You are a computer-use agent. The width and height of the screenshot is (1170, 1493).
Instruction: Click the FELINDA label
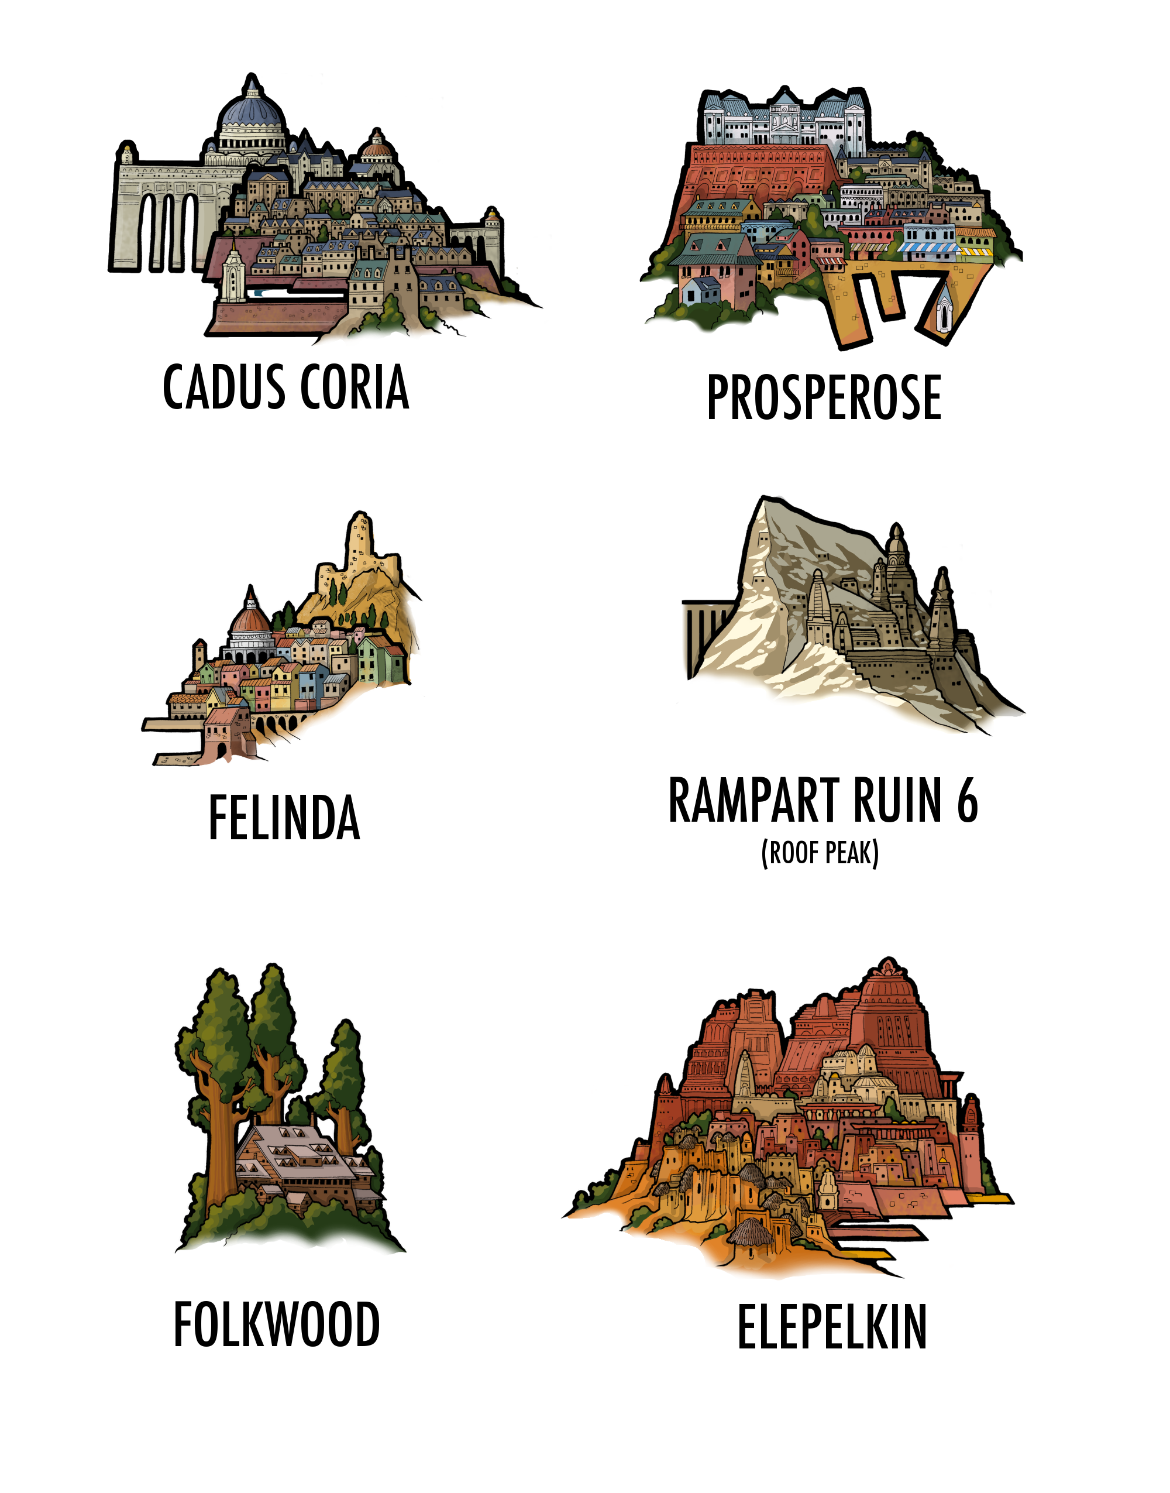pyautogui.click(x=284, y=818)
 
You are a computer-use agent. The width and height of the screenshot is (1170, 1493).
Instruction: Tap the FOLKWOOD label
pyautogui.click(x=276, y=1324)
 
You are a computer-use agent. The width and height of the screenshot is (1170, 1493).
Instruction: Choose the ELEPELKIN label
pyautogui.click(x=832, y=1327)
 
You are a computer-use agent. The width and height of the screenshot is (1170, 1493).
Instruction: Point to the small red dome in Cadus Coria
pyautogui.click(x=376, y=145)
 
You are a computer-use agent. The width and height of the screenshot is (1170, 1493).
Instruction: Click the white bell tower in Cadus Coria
pyautogui.click(x=232, y=274)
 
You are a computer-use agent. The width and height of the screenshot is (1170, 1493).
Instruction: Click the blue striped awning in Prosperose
pyautogui.click(x=927, y=246)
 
